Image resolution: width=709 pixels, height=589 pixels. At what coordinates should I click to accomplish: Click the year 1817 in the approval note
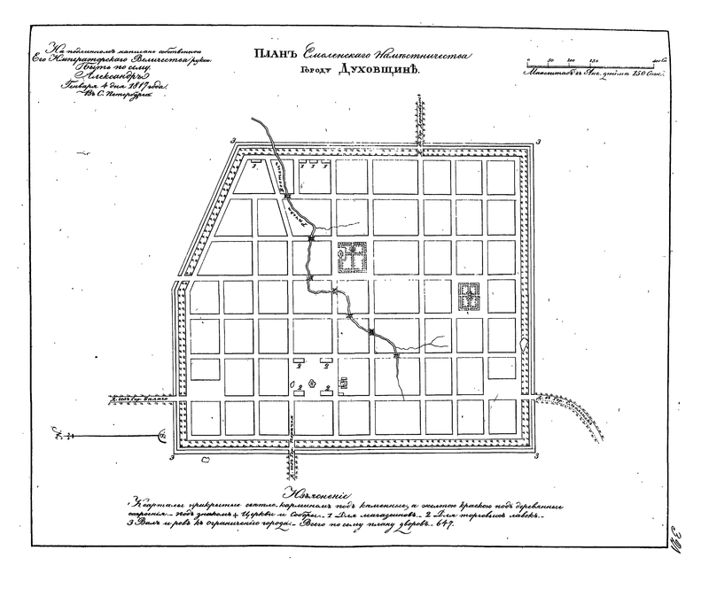[137, 88]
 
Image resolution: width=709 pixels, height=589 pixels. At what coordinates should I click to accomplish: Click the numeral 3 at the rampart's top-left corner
[232, 141]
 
